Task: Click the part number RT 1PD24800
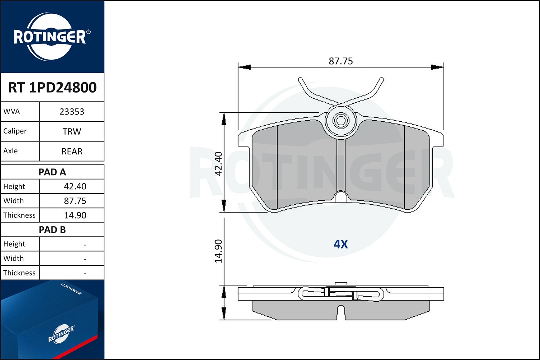[52, 87]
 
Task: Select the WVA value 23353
[72, 112]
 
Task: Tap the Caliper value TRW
[72, 131]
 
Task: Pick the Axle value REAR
[72, 151]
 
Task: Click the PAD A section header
[52, 172]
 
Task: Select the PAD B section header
[52, 230]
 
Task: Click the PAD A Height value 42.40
[75, 186]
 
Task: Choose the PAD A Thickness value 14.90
[75, 215]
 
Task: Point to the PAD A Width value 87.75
[75, 201]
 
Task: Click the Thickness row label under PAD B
[19, 273]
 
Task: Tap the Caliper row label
[15, 131]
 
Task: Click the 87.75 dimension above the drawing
[341, 61]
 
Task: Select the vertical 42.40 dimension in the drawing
[219, 163]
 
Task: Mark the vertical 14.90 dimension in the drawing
[219, 251]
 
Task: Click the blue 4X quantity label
[341, 244]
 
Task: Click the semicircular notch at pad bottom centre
[341, 197]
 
